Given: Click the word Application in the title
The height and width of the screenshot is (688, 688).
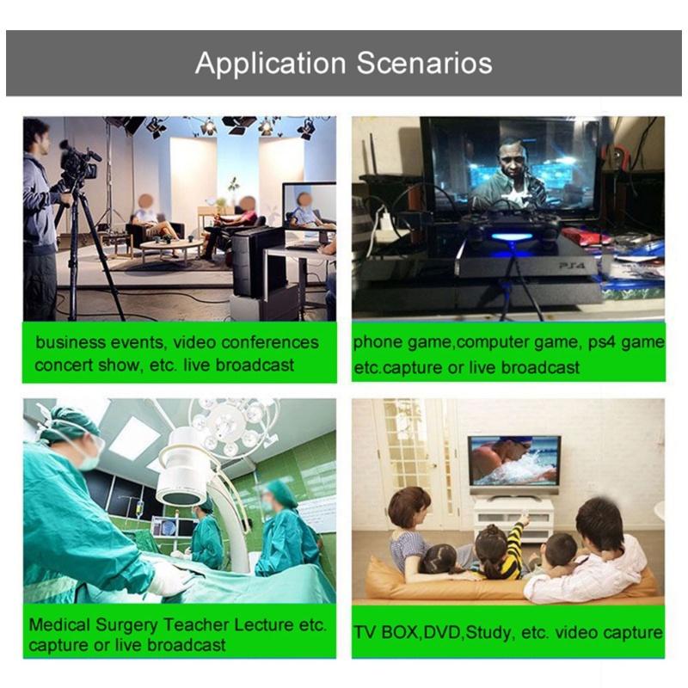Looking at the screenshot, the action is click(270, 64).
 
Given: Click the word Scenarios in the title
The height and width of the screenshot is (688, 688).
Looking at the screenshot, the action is click(424, 63).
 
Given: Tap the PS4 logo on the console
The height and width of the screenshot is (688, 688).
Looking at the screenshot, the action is click(572, 266).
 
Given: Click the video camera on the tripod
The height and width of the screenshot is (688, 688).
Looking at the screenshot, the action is click(78, 162).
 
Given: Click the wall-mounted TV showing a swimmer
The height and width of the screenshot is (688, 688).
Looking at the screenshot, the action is click(513, 462).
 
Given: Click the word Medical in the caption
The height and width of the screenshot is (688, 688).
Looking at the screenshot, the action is click(59, 624).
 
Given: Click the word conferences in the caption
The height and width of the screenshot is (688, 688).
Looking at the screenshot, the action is click(270, 342).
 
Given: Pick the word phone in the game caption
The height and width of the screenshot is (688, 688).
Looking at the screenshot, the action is click(378, 342).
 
